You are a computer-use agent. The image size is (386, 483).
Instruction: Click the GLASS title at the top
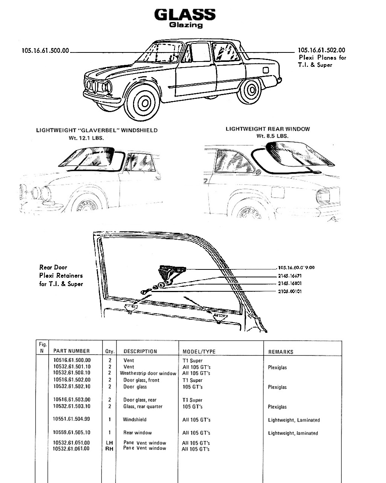tap(185, 15)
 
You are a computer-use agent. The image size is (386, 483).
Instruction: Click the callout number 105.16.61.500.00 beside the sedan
tap(45, 51)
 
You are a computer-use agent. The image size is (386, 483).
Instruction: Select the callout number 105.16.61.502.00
tap(322, 50)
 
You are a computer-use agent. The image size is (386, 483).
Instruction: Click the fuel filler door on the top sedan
tap(266, 70)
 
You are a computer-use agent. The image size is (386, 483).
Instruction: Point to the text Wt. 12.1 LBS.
tap(86, 138)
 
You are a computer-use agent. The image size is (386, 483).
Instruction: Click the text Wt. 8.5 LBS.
tap(273, 136)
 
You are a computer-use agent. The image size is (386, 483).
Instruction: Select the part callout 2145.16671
tap(290, 276)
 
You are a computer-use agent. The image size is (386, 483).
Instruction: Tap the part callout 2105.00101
tap(290, 292)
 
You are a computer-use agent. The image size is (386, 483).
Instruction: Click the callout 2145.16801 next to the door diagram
tap(290, 283)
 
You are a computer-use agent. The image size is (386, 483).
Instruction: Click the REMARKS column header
tap(281, 352)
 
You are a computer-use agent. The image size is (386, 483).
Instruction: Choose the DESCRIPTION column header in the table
tap(140, 351)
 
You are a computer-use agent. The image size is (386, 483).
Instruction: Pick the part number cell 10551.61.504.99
tap(71, 419)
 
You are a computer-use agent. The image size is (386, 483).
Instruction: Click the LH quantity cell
tap(109, 443)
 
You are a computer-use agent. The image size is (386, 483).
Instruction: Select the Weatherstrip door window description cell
tap(148, 373)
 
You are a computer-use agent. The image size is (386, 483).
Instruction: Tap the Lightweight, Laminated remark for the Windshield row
tap(294, 420)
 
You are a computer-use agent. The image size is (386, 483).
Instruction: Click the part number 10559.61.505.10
tap(72, 432)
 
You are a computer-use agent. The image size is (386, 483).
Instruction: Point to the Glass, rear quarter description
tap(143, 406)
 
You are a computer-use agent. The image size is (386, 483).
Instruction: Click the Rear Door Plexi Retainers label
tap(61, 275)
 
